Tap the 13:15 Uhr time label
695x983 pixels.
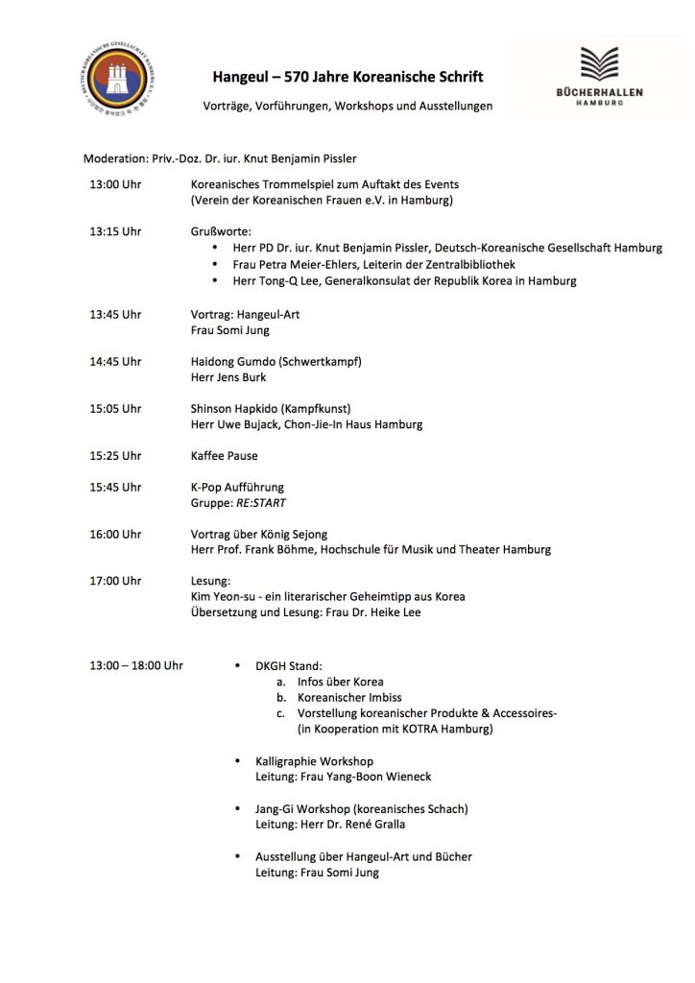click(115, 231)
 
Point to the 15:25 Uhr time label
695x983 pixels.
click(115, 455)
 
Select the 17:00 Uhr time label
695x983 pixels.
click(115, 581)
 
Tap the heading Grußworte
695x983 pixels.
click(222, 231)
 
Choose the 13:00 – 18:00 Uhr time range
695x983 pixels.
click(136, 664)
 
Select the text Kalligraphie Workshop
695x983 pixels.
click(315, 761)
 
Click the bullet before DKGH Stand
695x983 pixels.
click(237, 664)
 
